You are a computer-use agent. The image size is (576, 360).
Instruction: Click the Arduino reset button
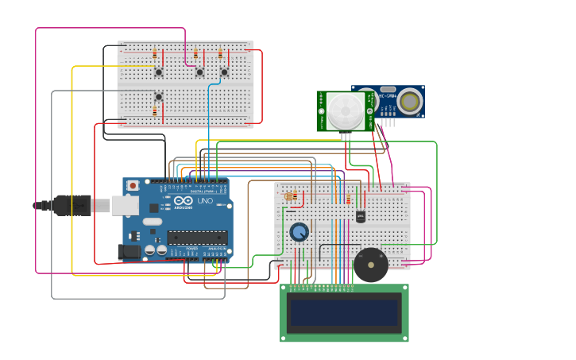coord(133,185)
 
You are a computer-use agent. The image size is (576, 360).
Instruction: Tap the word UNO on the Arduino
coord(205,202)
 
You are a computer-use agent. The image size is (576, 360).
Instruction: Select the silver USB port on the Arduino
coord(124,206)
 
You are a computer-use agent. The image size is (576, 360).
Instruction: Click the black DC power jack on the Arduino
coord(128,252)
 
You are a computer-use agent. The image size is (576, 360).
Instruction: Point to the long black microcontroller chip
coord(197,237)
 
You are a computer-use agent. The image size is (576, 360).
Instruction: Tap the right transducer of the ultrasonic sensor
coord(410,101)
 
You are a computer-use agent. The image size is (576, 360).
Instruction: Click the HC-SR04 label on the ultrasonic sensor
coord(388,96)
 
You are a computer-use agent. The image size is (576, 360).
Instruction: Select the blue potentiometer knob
coord(299,232)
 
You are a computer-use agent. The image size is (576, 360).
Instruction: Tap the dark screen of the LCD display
coord(344,312)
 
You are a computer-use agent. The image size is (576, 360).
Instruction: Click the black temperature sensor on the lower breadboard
coord(361,216)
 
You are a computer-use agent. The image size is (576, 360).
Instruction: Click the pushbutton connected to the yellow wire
coord(159,72)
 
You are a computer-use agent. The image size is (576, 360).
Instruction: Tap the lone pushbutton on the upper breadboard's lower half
coord(159,97)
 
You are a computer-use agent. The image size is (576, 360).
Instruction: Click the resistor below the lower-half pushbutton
coord(154,113)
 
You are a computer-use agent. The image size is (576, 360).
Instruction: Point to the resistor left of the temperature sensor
coord(348,199)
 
